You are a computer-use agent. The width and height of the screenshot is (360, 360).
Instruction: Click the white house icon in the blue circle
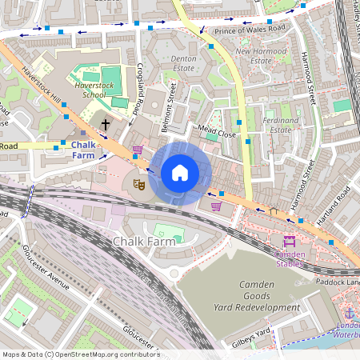pos(180,173)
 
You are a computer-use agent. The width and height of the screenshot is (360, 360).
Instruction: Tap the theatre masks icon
pos(138,184)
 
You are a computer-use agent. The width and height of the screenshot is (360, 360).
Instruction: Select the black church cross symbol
pos(106,125)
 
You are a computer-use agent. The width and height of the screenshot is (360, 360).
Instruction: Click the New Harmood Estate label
pos(260,56)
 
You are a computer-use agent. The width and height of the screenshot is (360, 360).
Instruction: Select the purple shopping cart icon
pos(216,206)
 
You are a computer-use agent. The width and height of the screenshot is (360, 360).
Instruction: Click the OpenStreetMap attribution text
pos(80,354)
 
